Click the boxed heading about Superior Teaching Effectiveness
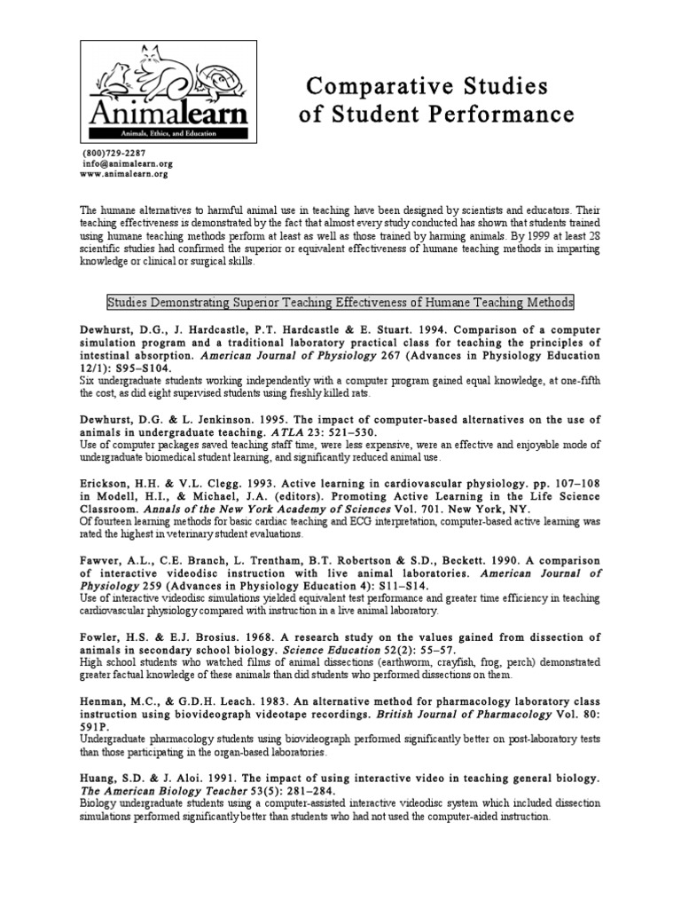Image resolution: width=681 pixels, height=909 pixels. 340,303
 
